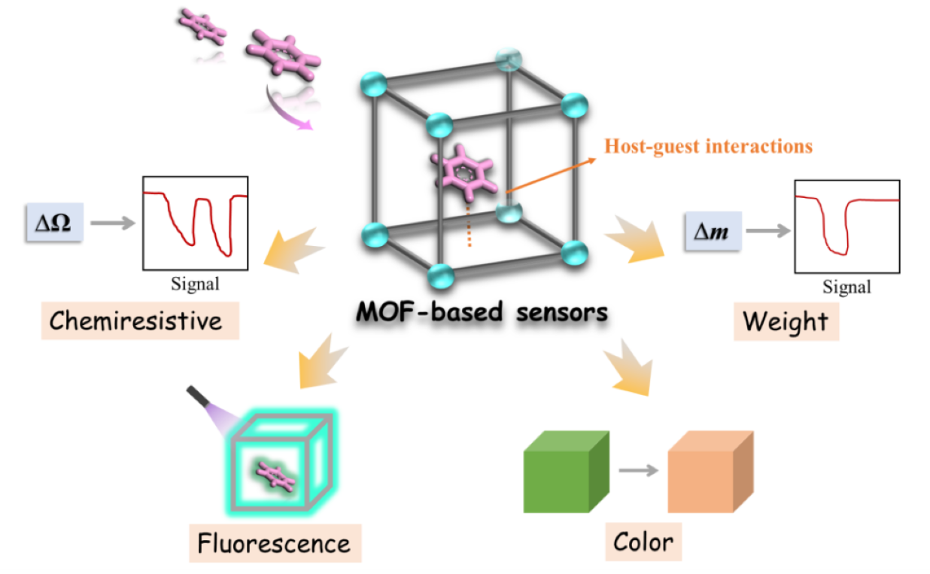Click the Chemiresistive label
point(136,321)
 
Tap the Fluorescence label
point(274,542)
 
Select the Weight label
point(786,321)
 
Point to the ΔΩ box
point(54,223)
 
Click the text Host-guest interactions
point(709,146)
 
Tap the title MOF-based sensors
point(482,311)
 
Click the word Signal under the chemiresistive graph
point(195,284)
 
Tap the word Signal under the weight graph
point(846,286)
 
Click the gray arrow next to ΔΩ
point(111,223)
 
